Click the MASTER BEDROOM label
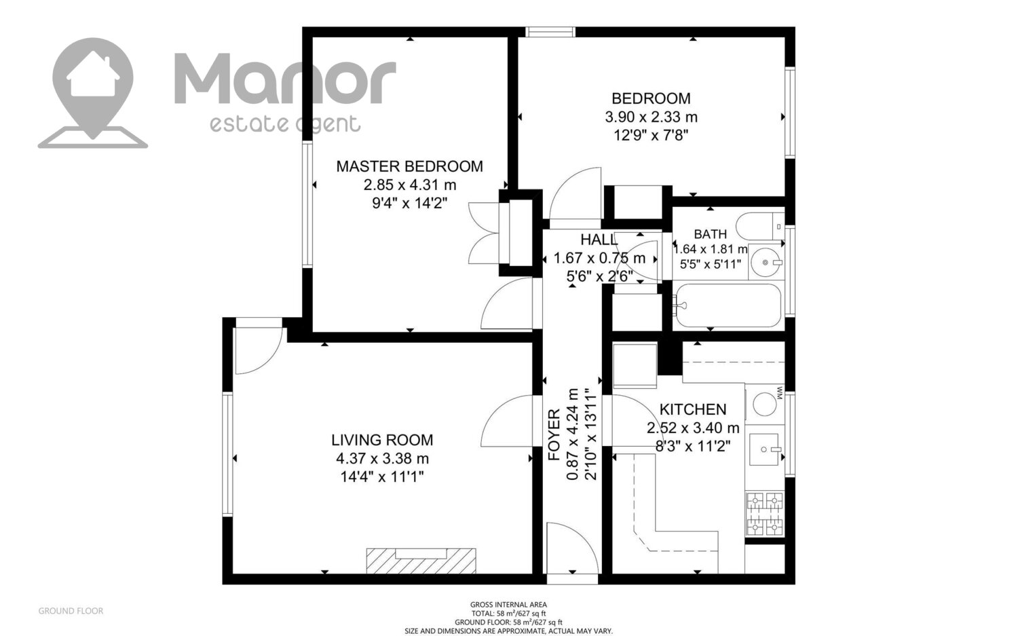(x=409, y=166)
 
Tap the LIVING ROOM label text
(x=382, y=440)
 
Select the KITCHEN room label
(x=693, y=409)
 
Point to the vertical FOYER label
(x=554, y=435)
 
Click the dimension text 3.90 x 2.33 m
(x=651, y=117)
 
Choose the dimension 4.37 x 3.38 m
(x=382, y=459)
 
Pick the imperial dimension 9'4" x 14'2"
(x=409, y=203)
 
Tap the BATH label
(x=710, y=234)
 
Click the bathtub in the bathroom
(x=728, y=305)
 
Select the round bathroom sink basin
(x=766, y=262)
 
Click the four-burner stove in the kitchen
(x=764, y=513)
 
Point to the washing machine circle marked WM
(x=764, y=404)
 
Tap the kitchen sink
(x=766, y=449)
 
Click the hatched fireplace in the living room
(x=421, y=561)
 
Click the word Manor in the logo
(x=285, y=79)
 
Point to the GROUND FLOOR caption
(x=71, y=611)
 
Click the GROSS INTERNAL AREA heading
(x=508, y=605)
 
